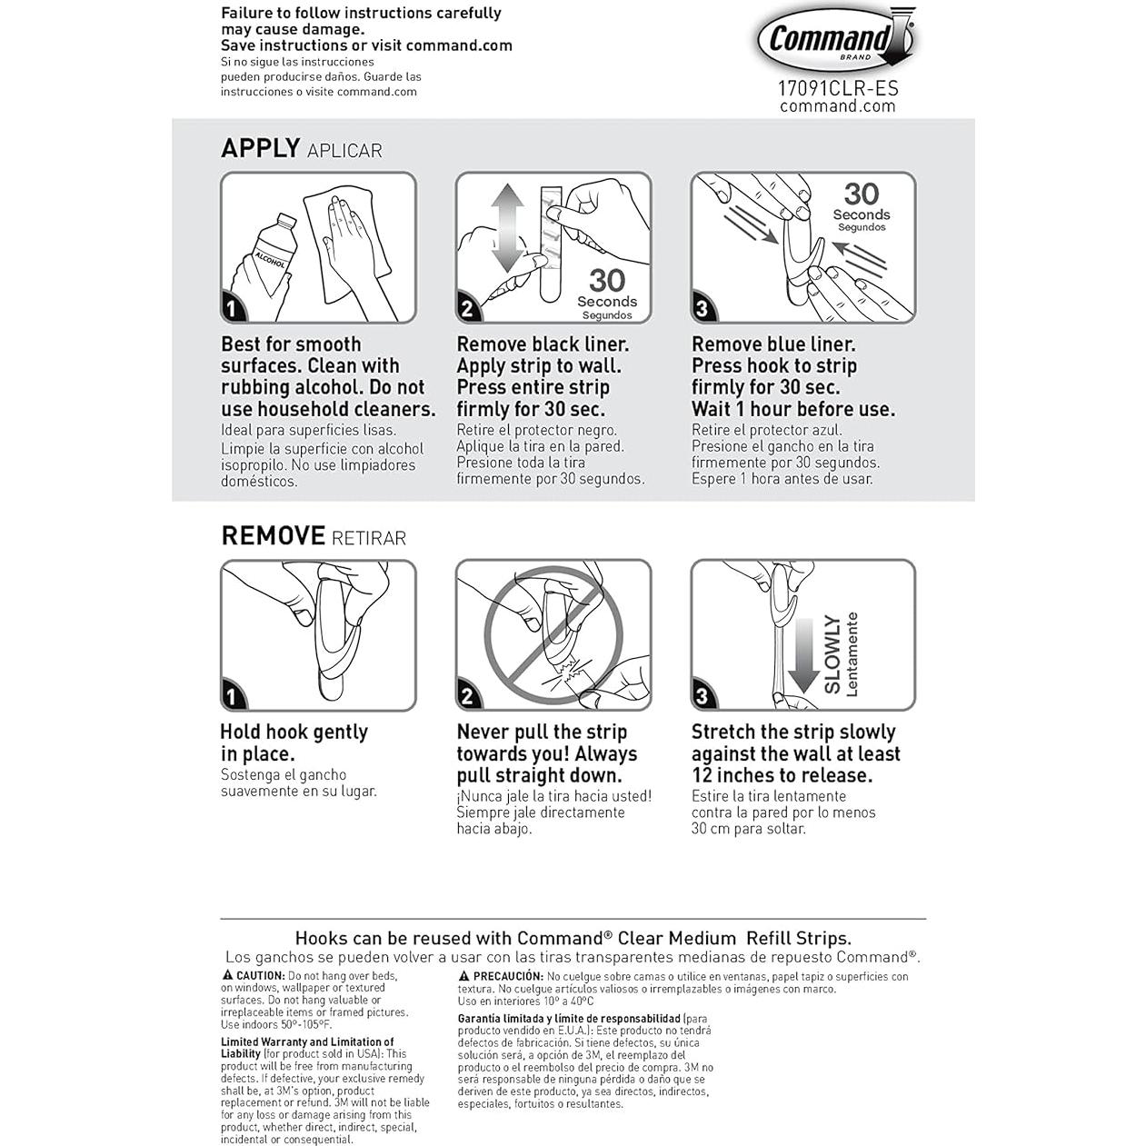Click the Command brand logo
[835, 39]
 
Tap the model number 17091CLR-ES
[837, 88]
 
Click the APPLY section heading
[261, 148]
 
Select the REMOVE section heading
[273, 535]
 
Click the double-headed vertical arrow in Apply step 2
[507, 228]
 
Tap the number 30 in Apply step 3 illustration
[861, 194]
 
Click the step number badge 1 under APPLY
[232, 308]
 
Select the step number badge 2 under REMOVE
[467, 696]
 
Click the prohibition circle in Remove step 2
[553, 633]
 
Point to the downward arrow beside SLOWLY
[803, 655]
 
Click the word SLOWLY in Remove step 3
[832, 653]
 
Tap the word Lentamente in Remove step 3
[852, 653]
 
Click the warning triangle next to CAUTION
[227, 975]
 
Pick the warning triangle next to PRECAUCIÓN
[463, 976]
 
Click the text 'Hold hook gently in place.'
[294, 742]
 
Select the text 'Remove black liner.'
[543, 344]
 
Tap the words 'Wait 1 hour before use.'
[792, 409]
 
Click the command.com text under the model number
[837, 106]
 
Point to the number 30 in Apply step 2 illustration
[606, 280]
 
